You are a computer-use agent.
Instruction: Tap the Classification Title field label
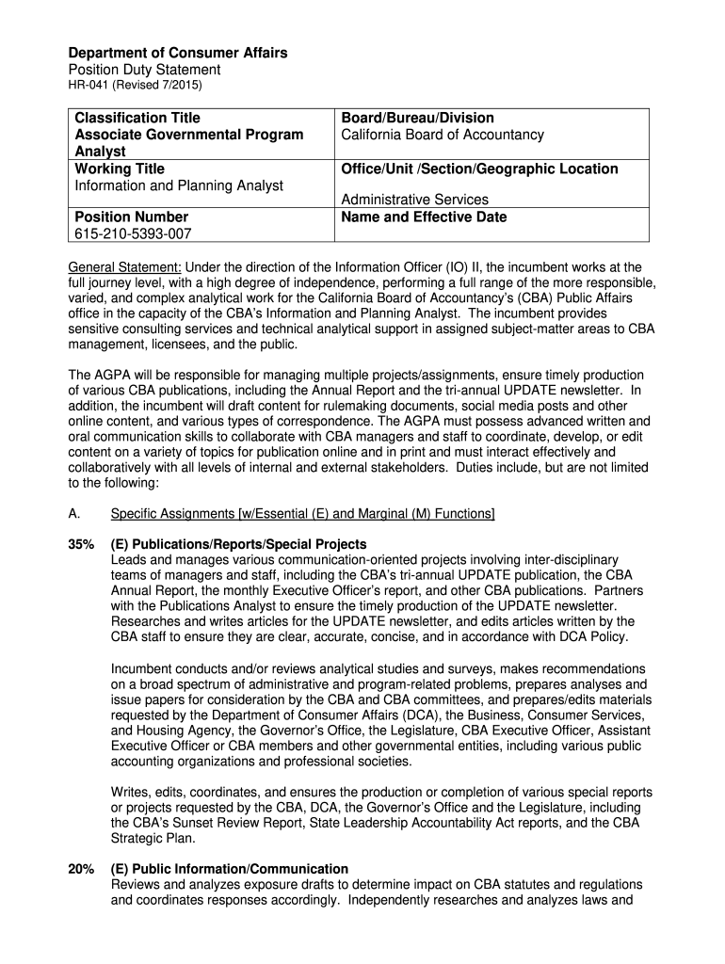[137, 118]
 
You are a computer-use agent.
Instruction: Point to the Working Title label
[120, 169]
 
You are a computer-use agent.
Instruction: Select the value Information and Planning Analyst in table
[179, 185]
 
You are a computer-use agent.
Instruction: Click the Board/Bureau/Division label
[417, 118]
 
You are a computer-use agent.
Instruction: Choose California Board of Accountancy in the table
[443, 135]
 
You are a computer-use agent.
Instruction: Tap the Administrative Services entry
[414, 200]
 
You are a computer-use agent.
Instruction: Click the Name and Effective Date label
[424, 217]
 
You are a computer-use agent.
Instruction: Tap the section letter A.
[74, 513]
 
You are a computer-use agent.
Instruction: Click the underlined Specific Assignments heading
[302, 513]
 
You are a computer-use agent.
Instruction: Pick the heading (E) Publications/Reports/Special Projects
[238, 545]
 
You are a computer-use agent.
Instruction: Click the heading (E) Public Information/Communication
[229, 869]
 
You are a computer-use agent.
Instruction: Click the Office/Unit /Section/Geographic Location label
[479, 169]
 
